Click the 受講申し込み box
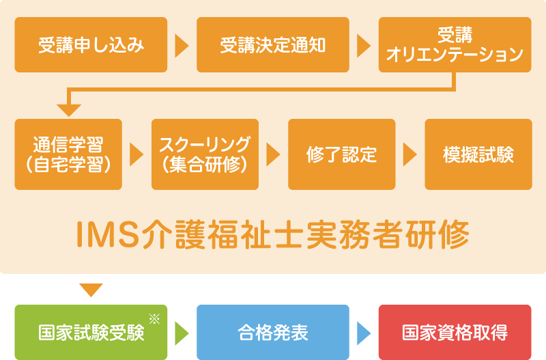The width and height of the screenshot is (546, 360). (91, 45)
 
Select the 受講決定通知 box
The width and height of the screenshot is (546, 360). (273, 45)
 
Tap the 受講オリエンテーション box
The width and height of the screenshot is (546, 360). (455, 45)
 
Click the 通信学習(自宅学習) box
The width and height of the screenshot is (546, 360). (68, 154)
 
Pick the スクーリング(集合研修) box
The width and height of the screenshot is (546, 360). (205, 154)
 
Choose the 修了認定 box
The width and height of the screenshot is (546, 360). (341, 154)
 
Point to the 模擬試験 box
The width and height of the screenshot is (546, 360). (478, 154)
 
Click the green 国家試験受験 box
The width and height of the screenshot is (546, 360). (91, 333)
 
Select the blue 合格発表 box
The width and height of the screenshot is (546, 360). (273, 333)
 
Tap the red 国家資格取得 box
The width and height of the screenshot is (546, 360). (455, 333)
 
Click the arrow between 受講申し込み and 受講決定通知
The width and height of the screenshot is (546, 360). (182, 45)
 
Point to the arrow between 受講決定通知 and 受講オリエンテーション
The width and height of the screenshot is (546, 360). (364, 45)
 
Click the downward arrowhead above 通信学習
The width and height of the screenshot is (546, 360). (69, 109)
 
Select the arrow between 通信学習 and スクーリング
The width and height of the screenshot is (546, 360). (136, 154)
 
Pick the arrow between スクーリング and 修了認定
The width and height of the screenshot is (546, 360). (273, 154)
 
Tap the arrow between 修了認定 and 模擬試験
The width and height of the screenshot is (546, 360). (409, 154)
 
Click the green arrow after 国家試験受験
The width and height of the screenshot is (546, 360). (182, 333)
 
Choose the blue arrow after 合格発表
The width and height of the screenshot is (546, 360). (364, 333)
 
